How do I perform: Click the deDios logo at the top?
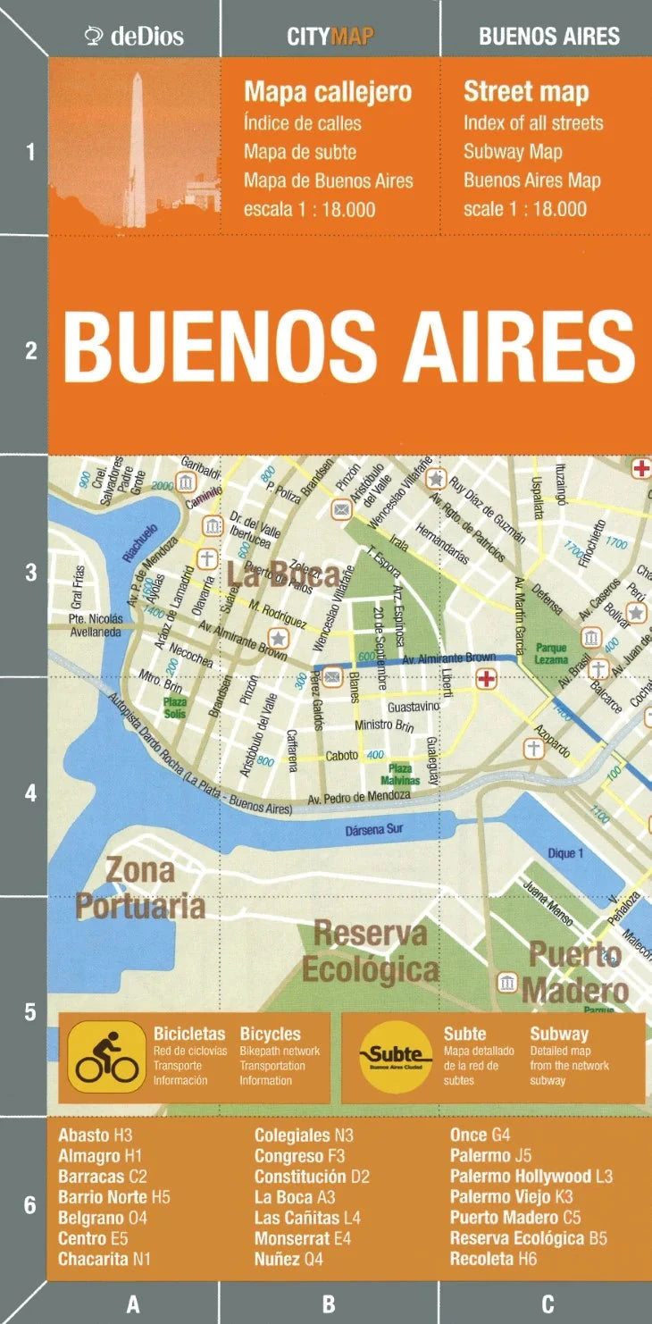click(134, 36)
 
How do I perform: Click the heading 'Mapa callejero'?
click(328, 91)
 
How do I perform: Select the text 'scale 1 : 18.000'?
click(525, 209)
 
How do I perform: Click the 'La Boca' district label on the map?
click(281, 575)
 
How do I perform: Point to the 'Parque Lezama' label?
click(551, 653)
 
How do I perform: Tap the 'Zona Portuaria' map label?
click(140, 887)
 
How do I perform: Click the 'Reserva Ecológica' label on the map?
click(370, 951)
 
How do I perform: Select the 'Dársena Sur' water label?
click(374, 829)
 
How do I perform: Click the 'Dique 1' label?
click(564, 853)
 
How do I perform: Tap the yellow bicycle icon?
click(106, 1058)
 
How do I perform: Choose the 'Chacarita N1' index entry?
click(104, 1260)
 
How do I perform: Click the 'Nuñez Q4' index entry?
click(288, 1260)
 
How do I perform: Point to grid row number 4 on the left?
click(30, 793)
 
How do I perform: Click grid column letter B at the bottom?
click(329, 1304)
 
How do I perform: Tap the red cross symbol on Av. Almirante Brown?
click(486, 680)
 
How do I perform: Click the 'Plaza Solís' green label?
click(174, 708)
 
